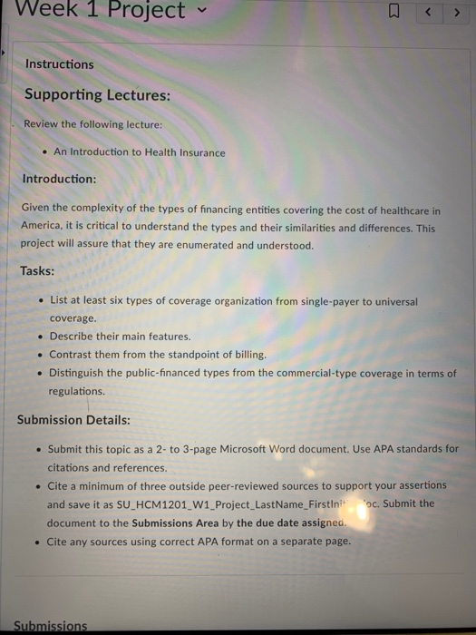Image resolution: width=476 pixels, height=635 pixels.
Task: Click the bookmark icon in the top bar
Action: [x=393, y=13]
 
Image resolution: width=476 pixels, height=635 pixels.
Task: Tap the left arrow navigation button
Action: [x=428, y=13]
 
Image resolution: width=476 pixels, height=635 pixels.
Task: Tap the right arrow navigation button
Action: [x=455, y=13]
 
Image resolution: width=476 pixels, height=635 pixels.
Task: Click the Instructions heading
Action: [x=59, y=64]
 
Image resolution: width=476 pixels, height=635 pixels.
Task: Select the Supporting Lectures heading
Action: [x=97, y=94]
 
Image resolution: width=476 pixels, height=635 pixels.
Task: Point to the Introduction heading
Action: [x=59, y=179]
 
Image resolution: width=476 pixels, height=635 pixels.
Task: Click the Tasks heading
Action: [x=37, y=271]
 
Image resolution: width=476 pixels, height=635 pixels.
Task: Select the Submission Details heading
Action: [x=73, y=420]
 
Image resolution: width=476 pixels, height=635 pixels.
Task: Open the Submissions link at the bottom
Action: [x=51, y=626]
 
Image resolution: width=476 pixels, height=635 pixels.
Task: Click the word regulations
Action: [x=76, y=391]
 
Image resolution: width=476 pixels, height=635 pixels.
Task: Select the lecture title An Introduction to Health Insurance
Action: [x=140, y=152]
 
